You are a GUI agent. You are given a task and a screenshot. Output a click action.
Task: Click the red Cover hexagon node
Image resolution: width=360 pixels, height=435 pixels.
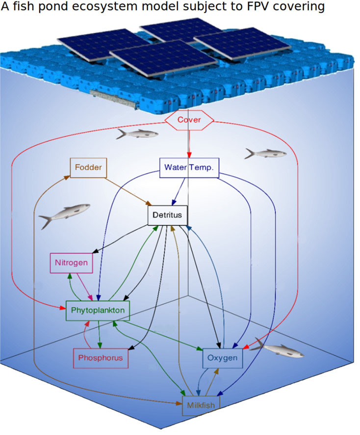[189, 119]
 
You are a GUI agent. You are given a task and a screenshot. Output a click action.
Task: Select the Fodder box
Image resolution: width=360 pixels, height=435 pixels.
[89, 167]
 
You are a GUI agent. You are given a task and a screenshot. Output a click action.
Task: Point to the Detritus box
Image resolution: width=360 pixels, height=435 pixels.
[168, 215]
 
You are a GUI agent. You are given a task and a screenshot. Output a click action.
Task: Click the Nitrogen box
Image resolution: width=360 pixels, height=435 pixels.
[71, 262]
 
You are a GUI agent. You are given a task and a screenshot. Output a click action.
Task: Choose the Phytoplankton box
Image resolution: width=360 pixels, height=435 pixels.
[98, 310]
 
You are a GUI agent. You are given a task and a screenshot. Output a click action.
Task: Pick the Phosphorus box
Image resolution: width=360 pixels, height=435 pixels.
[101, 358]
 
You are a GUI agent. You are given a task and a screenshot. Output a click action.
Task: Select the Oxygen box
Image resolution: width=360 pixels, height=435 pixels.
[222, 358]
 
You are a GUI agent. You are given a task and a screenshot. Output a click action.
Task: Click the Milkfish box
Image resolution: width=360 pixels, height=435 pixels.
[201, 406]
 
